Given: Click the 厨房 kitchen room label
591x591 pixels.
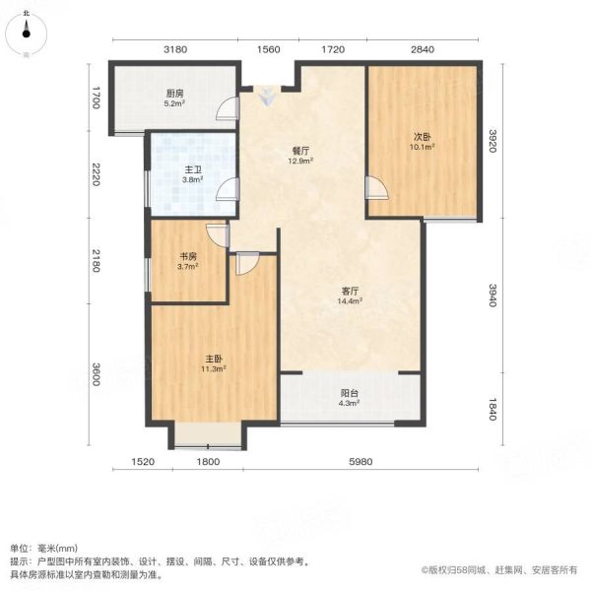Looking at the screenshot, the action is (174, 94).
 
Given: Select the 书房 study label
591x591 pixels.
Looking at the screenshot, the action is (188, 257).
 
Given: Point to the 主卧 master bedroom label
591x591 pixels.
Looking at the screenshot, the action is (214, 359).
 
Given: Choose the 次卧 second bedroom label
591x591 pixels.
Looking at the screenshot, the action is (423, 137).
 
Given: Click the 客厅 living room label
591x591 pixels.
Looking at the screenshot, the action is (350, 291).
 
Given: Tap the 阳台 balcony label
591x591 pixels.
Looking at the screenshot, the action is (350, 393).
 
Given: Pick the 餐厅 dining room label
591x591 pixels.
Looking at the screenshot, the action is (300, 151).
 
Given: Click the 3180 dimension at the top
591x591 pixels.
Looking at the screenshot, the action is (175, 49).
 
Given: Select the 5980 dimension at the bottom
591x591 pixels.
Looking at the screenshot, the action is (361, 461).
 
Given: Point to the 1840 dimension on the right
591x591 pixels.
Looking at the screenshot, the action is (492, 409).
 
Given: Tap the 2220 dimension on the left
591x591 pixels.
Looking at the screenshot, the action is (95, 174).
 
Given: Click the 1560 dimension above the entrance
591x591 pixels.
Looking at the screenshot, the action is (268, 49).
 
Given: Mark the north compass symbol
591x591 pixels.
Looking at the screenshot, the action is (26, 33).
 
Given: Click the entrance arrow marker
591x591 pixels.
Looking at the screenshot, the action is (267, 97).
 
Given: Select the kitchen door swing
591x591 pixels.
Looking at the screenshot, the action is (228, 108).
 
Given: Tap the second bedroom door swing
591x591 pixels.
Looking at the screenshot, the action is (376, 188).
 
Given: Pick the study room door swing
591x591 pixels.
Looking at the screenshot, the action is (218, 235).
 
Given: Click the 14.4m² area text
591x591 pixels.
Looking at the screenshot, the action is (350, 300).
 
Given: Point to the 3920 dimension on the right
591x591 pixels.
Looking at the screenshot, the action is (492, 141).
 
